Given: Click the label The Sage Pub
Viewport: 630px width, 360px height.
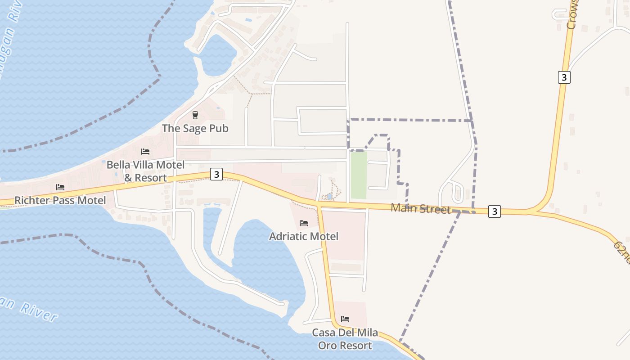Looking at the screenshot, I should pos(195,128).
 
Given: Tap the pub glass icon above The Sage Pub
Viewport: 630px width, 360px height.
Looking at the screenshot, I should pos(195,115).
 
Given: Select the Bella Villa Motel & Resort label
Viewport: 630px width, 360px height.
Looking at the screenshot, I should pos(145,171).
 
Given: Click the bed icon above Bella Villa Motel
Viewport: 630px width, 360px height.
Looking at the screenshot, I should pos(145,152).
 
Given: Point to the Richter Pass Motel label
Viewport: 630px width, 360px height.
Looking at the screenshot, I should pos(60,200).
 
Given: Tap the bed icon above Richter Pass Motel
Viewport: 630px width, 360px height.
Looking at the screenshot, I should pos(60,187).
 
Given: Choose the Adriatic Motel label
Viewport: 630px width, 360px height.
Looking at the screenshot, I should pos(304,236).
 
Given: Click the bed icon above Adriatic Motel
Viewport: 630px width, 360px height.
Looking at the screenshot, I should pos(304,223).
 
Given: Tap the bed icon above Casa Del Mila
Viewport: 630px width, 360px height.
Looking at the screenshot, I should pos(345,319).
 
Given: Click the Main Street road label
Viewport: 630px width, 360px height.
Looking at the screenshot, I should pos(420,208).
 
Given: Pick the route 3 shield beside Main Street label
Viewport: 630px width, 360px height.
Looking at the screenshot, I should pos(494,211).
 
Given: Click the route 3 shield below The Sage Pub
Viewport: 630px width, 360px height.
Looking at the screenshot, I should pos(216,174).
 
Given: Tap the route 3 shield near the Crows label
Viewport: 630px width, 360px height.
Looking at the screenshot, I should pos(564,77).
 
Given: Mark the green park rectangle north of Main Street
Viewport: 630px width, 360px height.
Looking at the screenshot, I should pos(359,175).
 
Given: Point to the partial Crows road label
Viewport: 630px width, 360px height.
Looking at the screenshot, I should pos(572,16).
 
